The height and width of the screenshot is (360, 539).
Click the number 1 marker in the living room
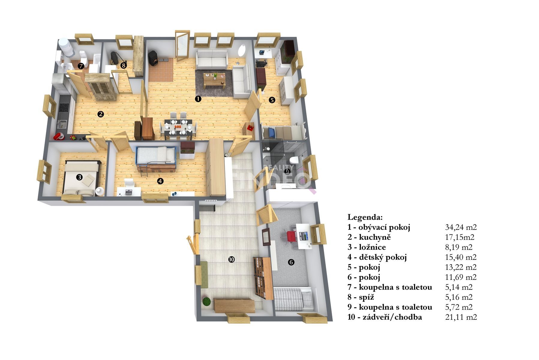pos(198,98)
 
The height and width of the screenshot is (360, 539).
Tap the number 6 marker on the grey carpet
pos(291,262)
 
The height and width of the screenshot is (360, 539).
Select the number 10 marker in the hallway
pos(231,259)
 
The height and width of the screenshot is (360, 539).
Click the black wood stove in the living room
pos(153,58)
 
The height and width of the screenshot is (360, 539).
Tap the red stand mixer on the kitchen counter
pos(58,136)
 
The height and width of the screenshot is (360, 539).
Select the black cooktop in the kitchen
pos(64,107)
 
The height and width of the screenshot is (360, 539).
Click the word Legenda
pos(365,217)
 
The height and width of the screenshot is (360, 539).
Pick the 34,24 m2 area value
pos(461,227)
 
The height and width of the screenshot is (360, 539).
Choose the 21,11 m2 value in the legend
pos(461,317)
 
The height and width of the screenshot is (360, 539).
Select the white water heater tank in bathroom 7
pos(66,47)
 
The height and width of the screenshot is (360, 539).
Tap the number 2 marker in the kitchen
pos(101,114)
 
